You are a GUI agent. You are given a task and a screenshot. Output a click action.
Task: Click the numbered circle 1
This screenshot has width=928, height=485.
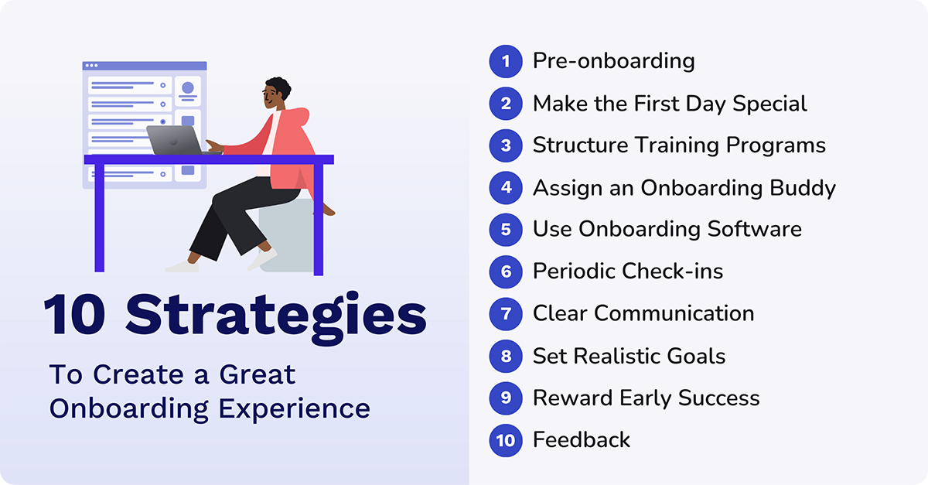pyautogui.click(x=506, y=61)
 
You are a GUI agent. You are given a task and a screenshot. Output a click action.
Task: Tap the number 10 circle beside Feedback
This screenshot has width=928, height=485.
pyautogui.click(x=506, y=440)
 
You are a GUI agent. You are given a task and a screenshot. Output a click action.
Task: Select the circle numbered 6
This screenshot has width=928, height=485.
pyautogui.click(x=506, y=272)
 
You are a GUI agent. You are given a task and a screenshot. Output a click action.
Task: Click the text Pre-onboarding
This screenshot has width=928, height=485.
pyautogui.click(x=613, y=61)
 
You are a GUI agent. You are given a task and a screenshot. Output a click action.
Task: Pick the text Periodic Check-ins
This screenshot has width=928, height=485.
pyautogui.click(x=628, y=272)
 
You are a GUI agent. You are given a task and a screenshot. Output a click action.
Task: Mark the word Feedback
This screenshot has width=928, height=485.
pyautogui.click(x=582, y=440)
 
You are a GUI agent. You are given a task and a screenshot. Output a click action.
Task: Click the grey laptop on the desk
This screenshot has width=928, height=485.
pyautogui.click(x=174, y=140)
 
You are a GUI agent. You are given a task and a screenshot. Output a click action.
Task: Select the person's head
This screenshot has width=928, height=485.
pyautogui.click(x=276, y=94)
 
